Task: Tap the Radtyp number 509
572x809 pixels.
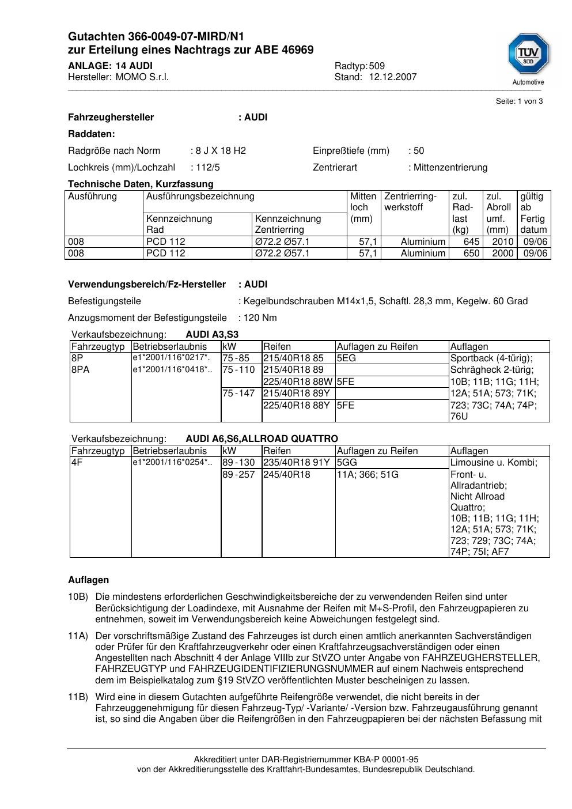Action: [377, 66]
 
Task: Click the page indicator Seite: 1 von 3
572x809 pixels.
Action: [519, 101]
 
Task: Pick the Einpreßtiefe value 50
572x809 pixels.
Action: [419, 151]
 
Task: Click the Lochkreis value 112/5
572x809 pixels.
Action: [207, 168]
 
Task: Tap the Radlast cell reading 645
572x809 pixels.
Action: [471, 242]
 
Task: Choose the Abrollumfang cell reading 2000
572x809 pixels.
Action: [502, 254]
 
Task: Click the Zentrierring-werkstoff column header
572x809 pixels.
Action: [410, 202]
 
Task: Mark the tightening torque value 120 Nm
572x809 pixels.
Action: [260, 318]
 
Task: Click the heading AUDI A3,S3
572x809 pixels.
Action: [212, 335]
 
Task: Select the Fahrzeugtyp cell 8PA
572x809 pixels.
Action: [81, 370]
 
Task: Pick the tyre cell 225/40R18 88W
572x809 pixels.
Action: [298, 381]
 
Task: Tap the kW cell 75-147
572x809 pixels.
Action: [238, 394]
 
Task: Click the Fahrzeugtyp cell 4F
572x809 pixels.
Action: [77, 463]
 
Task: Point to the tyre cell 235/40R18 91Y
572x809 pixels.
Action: [297, 463]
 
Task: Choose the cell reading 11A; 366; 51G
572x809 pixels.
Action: [368, 475]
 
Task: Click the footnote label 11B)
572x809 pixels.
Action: [78, 697]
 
